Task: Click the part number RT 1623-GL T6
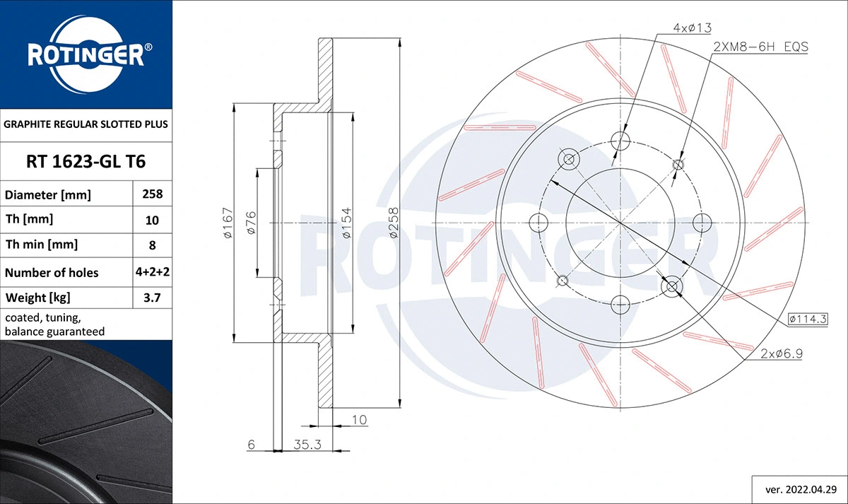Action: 86,162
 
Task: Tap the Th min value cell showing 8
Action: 152,245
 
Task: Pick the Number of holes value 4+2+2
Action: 152,272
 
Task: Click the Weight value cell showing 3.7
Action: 152,298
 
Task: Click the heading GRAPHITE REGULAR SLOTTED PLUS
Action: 86,124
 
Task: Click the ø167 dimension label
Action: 227,223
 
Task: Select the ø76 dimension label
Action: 250,223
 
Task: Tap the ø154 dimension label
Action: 346,223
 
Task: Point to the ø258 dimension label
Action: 394,223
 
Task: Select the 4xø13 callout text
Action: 692,28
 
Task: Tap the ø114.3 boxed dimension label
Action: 808,319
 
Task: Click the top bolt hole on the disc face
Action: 620,139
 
